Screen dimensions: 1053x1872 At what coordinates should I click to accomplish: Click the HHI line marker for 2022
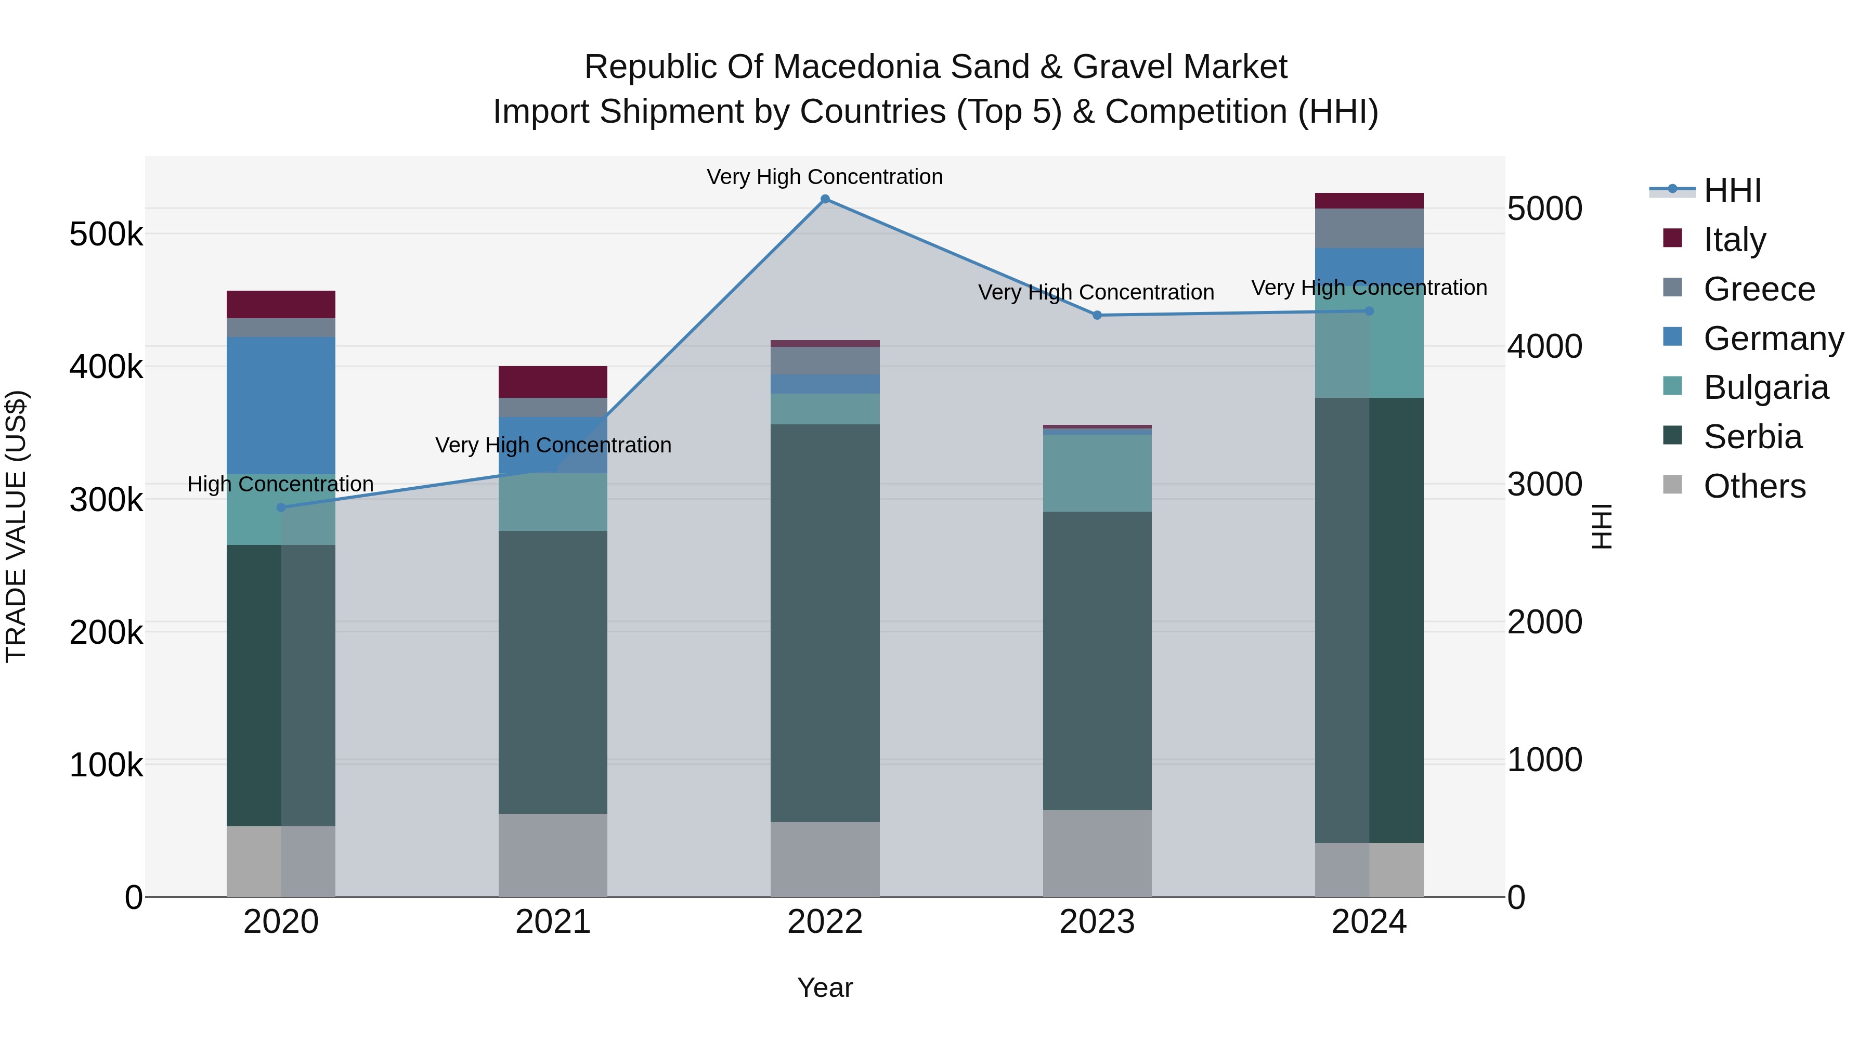(825, 199)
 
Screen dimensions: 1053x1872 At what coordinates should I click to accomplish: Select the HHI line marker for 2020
(281, 507)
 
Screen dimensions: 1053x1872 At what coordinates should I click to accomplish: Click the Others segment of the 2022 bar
(825, 859)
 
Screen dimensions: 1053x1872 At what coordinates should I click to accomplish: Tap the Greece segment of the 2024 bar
(1369, 228)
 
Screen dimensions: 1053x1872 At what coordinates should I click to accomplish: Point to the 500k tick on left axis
(106, 235)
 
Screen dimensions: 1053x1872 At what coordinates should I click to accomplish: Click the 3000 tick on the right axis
(1544, 485)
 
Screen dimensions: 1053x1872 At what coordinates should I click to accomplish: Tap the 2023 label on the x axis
(1097, 922)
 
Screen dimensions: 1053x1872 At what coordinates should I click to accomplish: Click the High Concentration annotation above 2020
(280, 484)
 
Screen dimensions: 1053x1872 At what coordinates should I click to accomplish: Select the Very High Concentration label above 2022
(825, 177)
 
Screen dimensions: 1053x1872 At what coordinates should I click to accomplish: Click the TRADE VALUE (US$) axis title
(17, 526)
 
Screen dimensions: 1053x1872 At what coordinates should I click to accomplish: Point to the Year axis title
(825, 987)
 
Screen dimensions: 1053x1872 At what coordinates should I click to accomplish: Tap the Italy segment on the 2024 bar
(1369, 201)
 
